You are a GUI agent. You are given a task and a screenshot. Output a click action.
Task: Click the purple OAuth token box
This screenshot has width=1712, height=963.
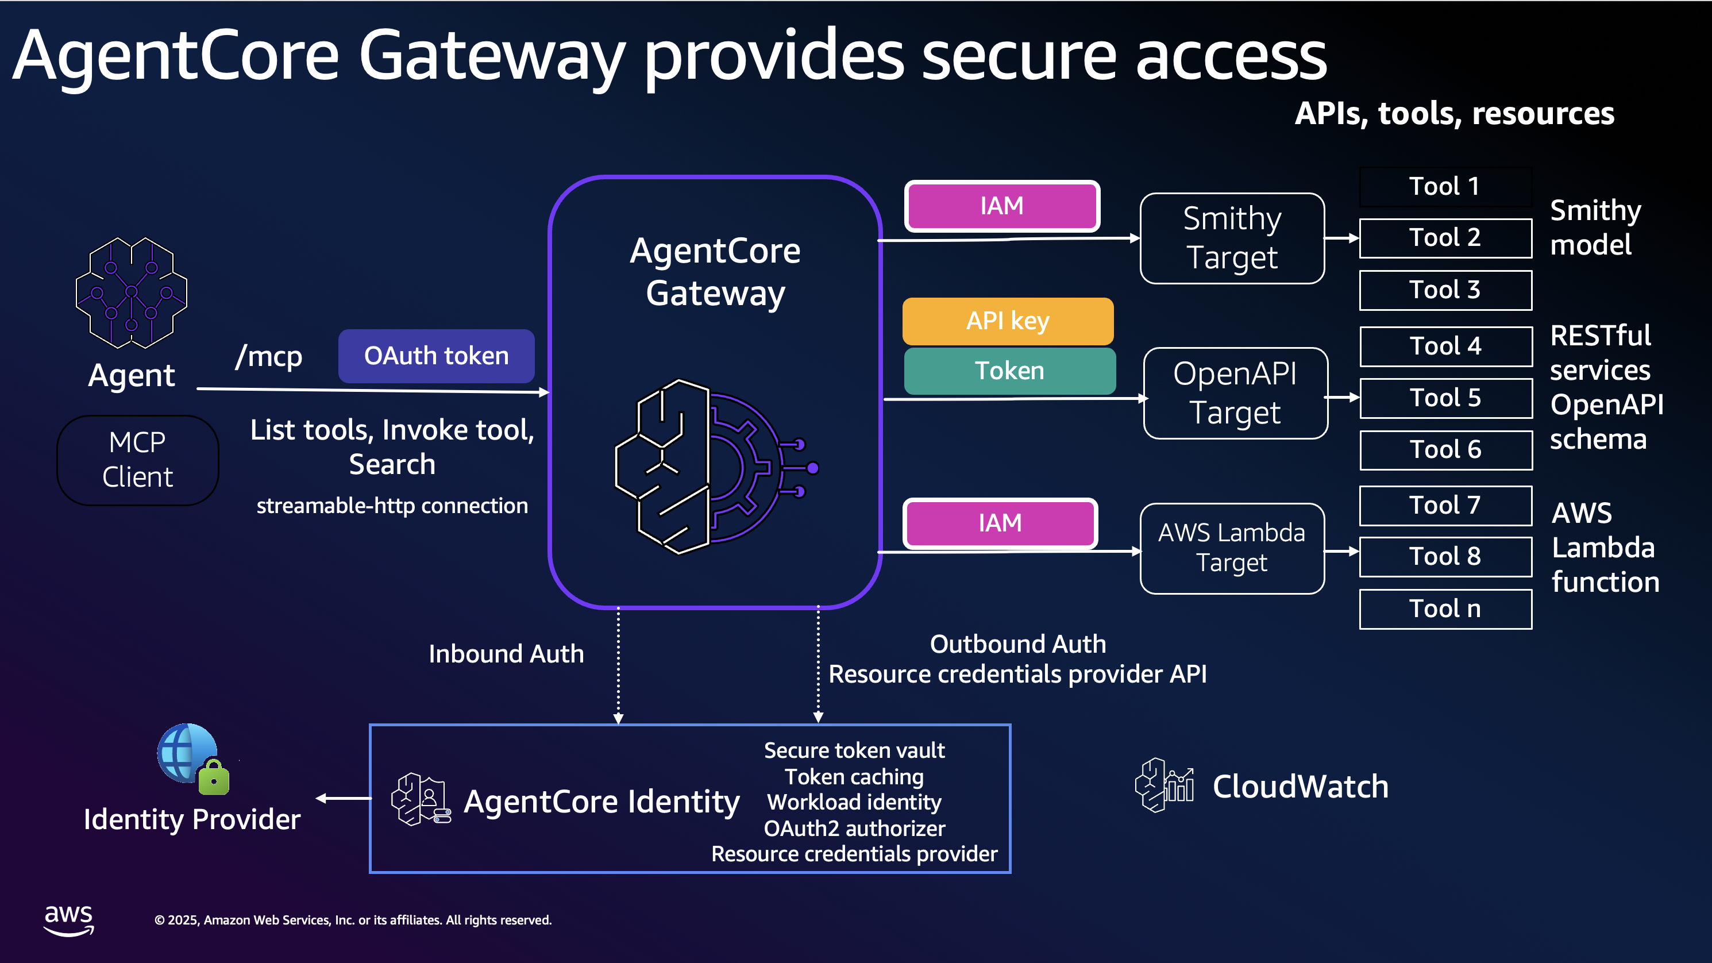point(436,356)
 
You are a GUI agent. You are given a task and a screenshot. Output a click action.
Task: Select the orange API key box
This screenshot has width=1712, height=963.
point(1008,321)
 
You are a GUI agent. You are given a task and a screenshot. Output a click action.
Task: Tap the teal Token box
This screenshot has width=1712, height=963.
point(1009,371)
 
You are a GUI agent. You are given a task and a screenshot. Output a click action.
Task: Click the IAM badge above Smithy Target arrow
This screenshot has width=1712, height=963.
point(1001,206)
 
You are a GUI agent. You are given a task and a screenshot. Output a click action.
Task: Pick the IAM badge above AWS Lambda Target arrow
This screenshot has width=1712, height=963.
point(1000,523)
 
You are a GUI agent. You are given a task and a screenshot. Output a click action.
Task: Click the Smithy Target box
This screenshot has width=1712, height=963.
point(1232,238)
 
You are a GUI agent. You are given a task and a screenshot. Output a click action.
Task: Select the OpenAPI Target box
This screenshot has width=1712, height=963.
point(1235,393)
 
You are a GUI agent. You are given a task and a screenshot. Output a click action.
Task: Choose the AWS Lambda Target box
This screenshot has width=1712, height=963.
point(1232,548)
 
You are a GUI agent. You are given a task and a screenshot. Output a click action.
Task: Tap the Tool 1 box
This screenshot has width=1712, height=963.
point(1445,187)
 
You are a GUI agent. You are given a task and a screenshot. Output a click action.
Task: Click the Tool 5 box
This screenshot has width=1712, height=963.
point(1445,398)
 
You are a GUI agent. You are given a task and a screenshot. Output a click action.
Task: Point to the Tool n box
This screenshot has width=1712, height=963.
point(1445,609)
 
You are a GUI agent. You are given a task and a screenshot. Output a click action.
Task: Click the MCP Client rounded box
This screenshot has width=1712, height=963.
point(137,460)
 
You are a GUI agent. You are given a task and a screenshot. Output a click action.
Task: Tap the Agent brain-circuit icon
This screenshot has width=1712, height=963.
point(132,292)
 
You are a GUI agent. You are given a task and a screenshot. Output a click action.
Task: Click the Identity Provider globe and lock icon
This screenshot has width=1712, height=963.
point(192,759)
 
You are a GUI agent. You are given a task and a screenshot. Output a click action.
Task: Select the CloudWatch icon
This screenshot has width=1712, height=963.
point(1164,785)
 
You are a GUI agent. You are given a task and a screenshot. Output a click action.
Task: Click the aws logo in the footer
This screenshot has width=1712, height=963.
point(68,920)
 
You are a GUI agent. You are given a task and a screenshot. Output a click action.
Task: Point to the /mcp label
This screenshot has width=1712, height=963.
point(268,357)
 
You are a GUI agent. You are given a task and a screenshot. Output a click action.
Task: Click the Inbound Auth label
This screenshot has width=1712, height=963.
point(506,654)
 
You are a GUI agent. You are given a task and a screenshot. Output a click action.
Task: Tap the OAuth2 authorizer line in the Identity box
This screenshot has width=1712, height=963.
point(854,829)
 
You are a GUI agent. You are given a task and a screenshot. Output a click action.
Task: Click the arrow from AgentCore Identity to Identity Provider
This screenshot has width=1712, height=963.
point(343,798)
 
